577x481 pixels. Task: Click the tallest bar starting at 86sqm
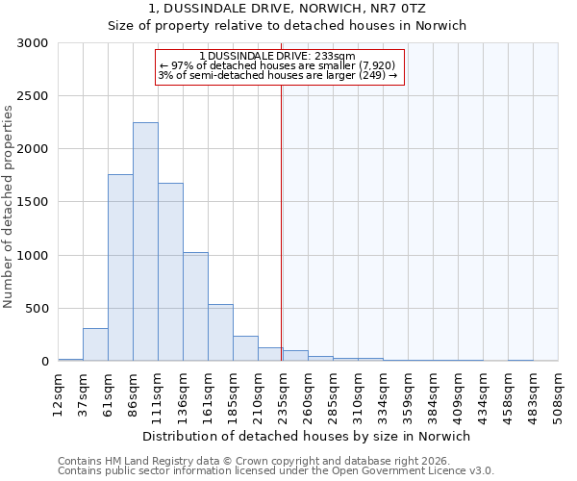pos(145,241)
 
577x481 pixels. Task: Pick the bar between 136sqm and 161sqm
pos(195,307)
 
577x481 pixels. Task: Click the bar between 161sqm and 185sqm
pos(220,333)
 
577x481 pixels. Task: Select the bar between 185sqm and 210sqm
pos(245,348)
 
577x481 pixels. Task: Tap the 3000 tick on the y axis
pos(34,43)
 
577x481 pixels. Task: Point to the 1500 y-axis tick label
pos(34,203)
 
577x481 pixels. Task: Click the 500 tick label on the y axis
pos(38,309)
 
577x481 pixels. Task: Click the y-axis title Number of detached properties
pos(9,207)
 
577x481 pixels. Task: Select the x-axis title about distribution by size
pos(303,436)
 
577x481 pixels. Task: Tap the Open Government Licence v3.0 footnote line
pos(276,471)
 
